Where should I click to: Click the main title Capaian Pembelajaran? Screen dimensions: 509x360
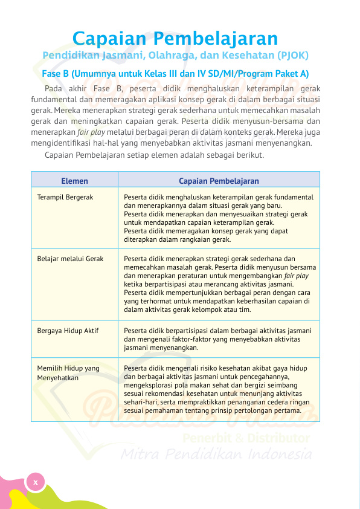click(x=175, y=38)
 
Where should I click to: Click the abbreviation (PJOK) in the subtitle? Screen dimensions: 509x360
click(x=292, y=56)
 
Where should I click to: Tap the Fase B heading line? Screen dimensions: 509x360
click(x=175, y=74)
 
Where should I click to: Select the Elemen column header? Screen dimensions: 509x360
click(x=74, y=181)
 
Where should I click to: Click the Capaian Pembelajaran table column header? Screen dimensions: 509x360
click(x=219, y=181)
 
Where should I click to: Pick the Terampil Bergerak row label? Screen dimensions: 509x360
click(x=65, y=197)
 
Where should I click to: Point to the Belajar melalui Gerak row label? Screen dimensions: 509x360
click(x=70, y=259)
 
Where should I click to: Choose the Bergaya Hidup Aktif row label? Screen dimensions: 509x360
click(x=68, y=331)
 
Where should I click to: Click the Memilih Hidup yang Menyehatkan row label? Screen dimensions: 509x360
click(x=68, y=372)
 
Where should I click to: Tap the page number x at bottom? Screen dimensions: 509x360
click(x=36, y=482)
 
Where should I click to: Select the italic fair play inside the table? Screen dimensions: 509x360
click(x=296, y=276)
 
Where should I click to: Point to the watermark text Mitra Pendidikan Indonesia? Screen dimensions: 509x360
click(x=217, y=455)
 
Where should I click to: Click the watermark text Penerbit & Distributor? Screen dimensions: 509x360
click(x=246, y=438)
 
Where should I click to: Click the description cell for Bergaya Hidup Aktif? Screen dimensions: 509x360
click(x=217, y=339)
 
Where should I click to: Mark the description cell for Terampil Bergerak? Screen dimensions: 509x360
click(x=217, y=218)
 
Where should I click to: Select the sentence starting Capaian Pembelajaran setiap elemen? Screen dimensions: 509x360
click(x=154, y=155)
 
